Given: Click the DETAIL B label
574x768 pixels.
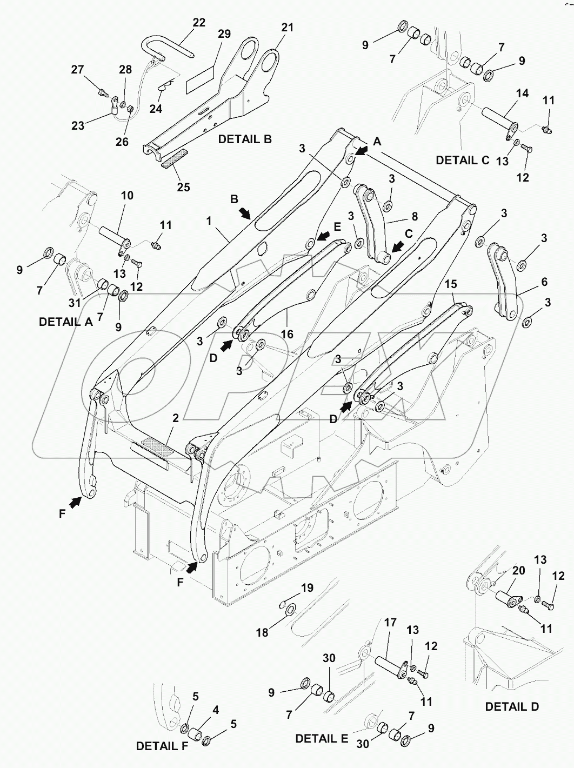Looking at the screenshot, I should (x=244, y=139).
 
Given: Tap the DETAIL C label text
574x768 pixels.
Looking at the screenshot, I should (x=462, y=160).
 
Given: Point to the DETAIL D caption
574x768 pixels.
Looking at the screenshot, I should (x=511, y=706).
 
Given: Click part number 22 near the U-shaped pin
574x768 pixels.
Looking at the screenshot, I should (x=199, y=23).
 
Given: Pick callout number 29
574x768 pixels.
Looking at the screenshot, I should (x=224, y=34).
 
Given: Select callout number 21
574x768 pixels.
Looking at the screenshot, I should (x=287, y=27).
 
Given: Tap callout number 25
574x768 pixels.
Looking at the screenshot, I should (x=183, y=187).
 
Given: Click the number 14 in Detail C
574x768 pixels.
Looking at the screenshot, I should (x=522, y=94).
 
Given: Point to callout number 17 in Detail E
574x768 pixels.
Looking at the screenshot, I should (x=390, y=623).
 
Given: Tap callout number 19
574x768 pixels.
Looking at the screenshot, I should (x=307, y=589).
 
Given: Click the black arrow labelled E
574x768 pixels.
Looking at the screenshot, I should (x=324, y=236).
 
